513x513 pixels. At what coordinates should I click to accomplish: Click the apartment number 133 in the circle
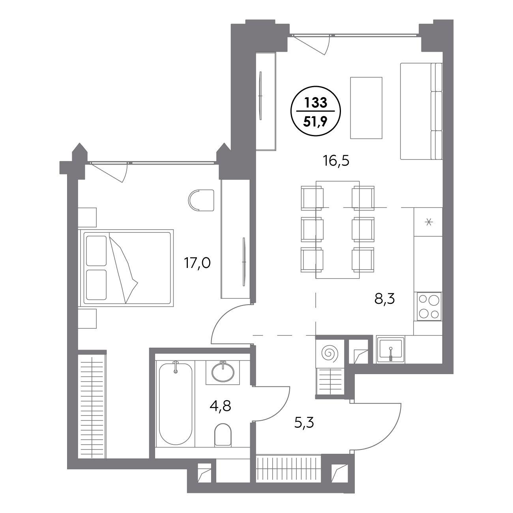pos(315,103)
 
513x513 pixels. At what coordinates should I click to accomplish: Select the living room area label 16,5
pos(336,161)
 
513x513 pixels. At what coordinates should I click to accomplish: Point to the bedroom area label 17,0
pos(197,263)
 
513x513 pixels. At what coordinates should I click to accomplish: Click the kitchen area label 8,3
pos(384,300)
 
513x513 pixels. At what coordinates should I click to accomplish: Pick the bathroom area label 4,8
pos(220,406)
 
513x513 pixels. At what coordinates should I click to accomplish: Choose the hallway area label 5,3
pos(304,423)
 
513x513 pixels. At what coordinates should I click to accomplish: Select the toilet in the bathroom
pos(223,435)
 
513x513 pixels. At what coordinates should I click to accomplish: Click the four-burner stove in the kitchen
pos(429,306)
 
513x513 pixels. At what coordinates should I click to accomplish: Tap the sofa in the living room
pos(421,111)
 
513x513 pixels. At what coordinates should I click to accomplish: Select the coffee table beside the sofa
pos(366,108)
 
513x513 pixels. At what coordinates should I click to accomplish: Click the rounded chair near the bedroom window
pos(201,200)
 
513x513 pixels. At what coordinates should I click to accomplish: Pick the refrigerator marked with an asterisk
pos(428,222)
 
